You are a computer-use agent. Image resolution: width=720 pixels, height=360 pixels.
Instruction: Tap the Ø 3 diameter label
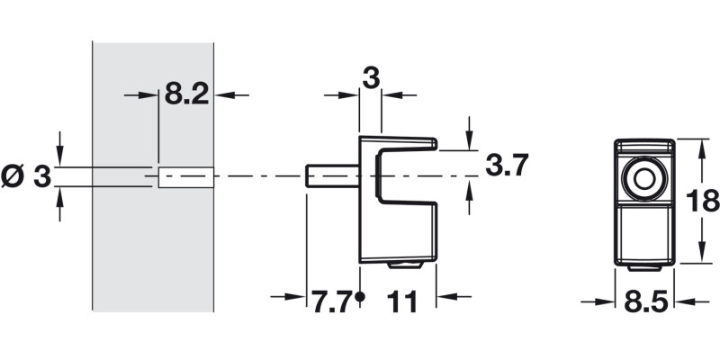click(26, 177)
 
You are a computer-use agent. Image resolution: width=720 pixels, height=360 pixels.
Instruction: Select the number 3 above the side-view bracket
click(370, 78)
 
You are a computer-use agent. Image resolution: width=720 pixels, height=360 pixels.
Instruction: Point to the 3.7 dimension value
click(505, 166)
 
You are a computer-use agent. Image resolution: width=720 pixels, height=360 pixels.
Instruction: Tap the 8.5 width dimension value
click(643, 303)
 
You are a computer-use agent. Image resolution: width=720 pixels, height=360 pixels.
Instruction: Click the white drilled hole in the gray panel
click(184, 177)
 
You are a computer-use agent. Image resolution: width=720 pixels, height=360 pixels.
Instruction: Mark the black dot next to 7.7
click(359, 296)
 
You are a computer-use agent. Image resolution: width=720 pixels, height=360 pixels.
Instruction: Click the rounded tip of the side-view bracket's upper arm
click(434, 142)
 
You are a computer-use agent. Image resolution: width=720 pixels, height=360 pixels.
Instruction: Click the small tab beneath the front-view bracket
click(643, 268)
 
